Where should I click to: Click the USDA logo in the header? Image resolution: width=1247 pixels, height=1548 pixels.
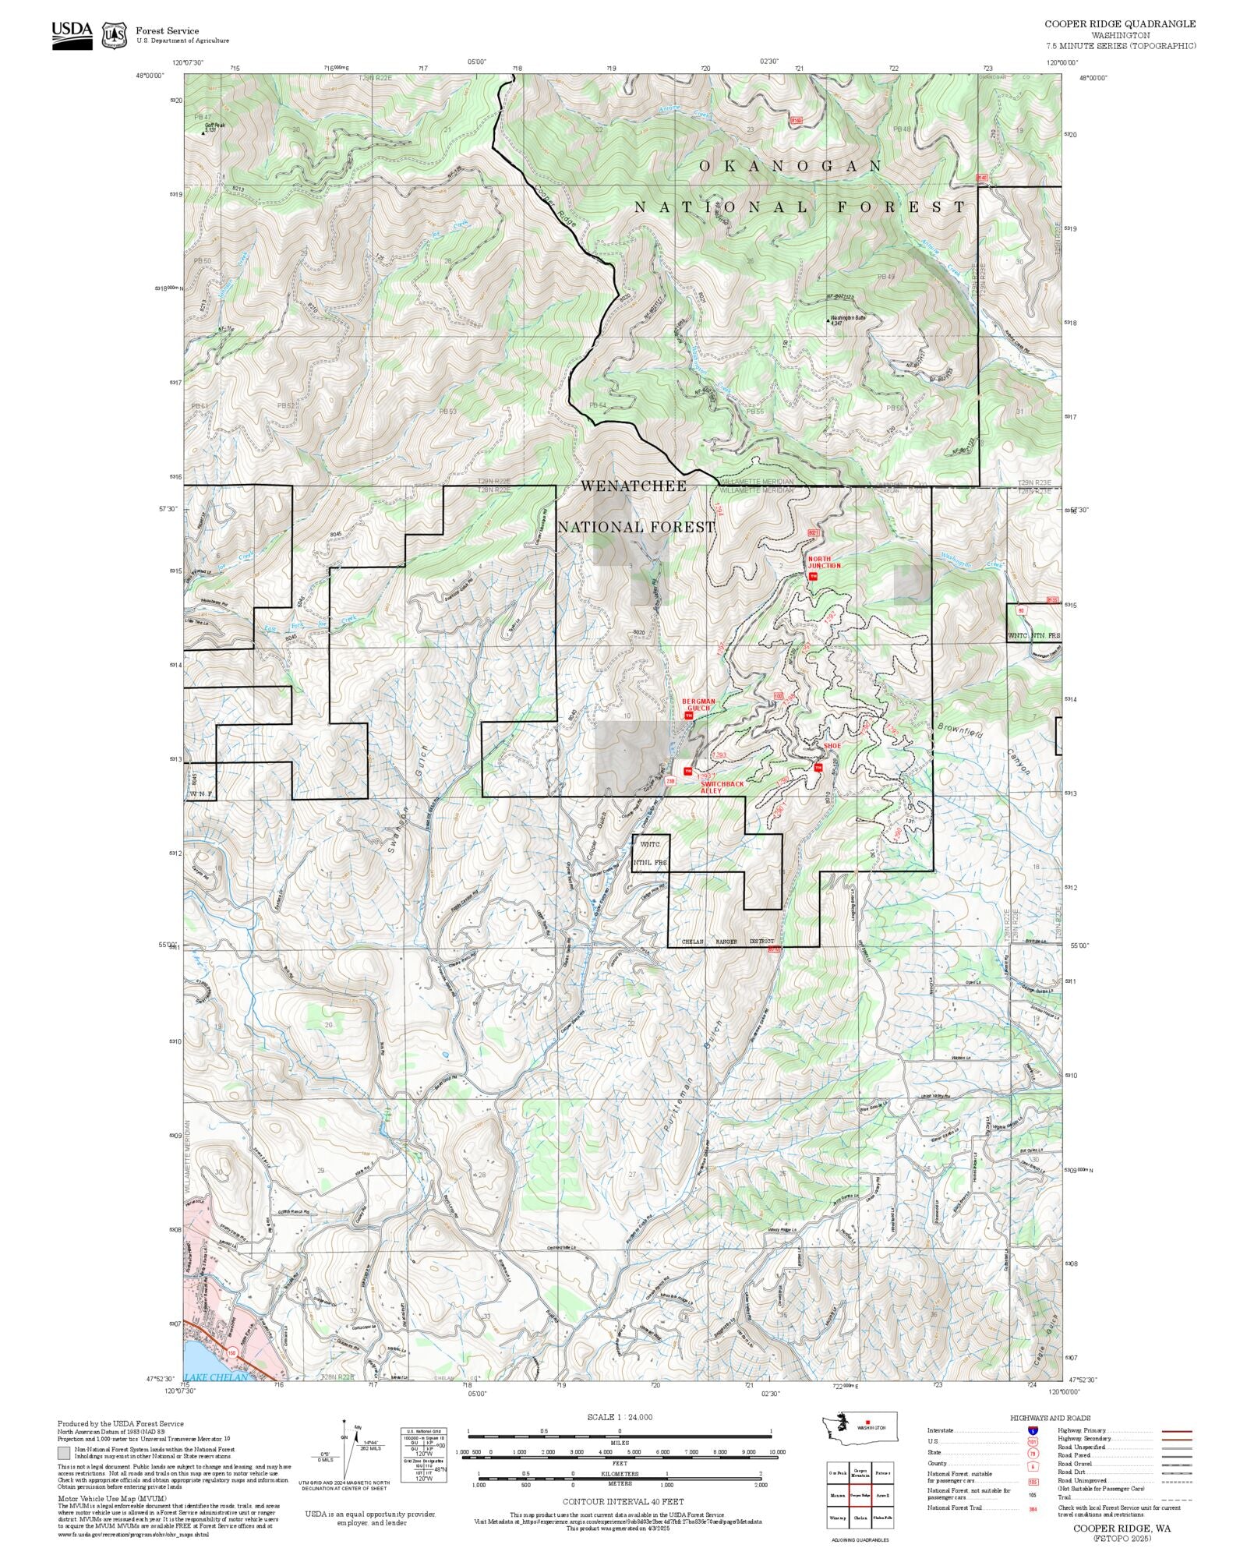[72, 35]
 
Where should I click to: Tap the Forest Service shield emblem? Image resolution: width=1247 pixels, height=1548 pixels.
[115, 35]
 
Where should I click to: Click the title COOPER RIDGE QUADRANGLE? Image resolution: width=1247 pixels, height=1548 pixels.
[1120, 24]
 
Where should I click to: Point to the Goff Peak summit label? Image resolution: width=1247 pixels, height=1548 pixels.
[214, 125]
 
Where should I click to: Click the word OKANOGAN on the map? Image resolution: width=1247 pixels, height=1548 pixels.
[790, 166]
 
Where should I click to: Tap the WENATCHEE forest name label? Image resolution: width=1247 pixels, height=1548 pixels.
[634, 486]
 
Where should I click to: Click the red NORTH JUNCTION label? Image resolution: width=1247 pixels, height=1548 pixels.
[824, 562]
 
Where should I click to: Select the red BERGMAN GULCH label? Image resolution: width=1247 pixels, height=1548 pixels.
[698, 704]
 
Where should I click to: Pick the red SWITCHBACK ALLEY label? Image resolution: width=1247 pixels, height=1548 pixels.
[721, 786]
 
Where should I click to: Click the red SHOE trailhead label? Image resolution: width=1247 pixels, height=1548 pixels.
[832, 746]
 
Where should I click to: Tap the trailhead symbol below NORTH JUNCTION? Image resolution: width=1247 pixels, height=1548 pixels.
[812, 577]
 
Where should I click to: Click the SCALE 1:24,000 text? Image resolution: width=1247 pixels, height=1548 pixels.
[620, 1417]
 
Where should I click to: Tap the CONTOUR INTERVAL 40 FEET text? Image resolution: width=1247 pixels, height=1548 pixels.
[623, 1501]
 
